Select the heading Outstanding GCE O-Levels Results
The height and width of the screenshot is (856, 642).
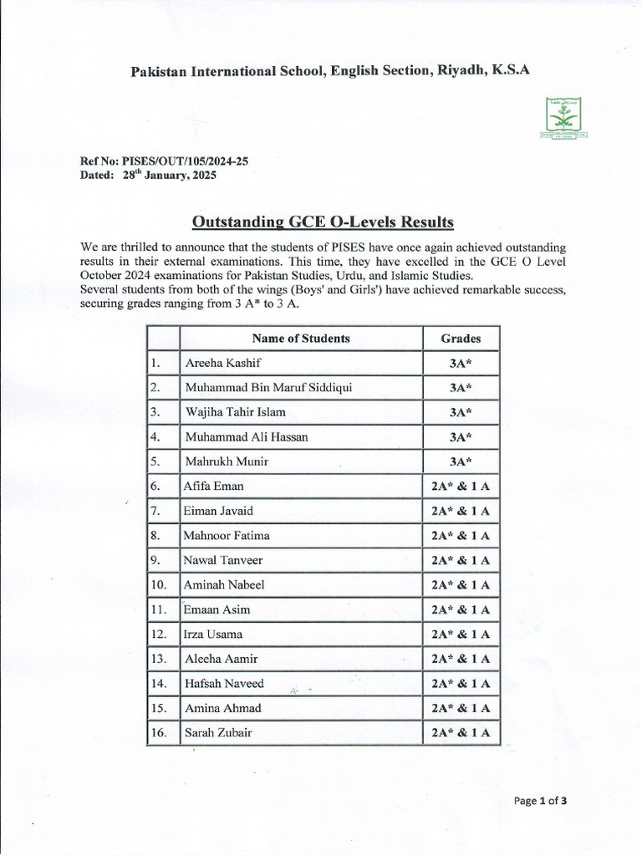(x=323, y=222)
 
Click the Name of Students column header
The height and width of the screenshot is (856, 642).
(x=301, y=339)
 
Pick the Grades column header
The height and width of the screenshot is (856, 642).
(x=461, y=339)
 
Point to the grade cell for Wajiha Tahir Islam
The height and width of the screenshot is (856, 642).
(x=461, y=413)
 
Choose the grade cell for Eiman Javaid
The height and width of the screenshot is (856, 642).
(x=461, y=511)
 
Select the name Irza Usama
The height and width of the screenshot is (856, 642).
(x=213, y=634)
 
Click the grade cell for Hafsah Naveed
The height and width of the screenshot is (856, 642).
(x=461, y=684)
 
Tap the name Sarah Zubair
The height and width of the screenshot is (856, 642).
(x=218, y=733)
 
